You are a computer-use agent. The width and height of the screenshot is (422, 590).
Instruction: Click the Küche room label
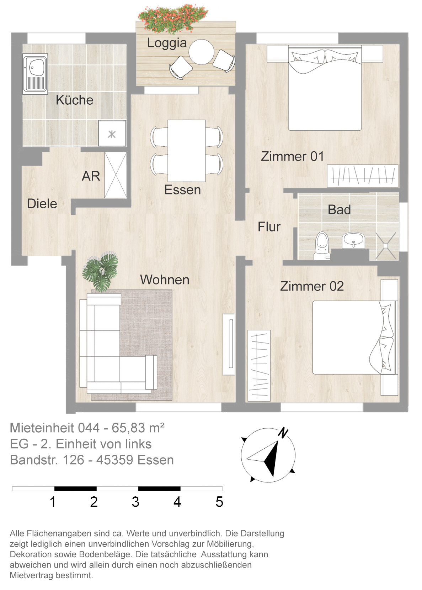click(74, 100)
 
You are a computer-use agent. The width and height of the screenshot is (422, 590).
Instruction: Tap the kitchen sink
click(35, 74)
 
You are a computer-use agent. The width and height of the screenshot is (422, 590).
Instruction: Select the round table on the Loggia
click(202, 52)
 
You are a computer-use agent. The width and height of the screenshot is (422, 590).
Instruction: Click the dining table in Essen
click(187, 151)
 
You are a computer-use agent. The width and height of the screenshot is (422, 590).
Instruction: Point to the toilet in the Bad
click(322, 246)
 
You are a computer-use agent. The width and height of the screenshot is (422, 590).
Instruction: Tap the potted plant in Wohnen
click(100, 272)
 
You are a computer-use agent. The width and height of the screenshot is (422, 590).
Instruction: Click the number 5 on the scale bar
click(219, 502)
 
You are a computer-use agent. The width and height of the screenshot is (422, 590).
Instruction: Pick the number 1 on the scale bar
click(53, 502)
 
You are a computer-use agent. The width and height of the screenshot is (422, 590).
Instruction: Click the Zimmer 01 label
click(292, 156)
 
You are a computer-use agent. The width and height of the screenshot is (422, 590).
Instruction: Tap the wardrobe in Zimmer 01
click(363, 176)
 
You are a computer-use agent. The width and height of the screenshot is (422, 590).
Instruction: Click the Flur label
click(269, 226)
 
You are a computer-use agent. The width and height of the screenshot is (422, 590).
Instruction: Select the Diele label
click(42, 204)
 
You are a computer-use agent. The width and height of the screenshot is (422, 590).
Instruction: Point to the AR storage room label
click(91, 176)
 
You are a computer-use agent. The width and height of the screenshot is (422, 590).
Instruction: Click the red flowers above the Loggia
click(173, 18)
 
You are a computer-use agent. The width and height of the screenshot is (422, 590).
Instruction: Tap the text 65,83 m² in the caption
click(138, 428)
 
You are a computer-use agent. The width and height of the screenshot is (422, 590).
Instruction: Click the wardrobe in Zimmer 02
click(259, 365)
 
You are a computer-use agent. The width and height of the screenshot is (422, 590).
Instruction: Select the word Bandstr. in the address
click(34, 460)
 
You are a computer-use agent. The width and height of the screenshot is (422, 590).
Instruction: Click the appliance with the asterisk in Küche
click(112, 134)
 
